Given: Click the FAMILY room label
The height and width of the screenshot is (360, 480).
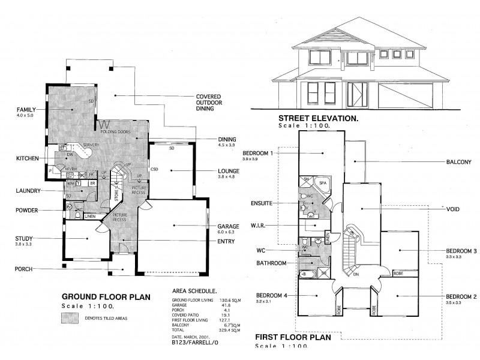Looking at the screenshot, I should tap(27, 110).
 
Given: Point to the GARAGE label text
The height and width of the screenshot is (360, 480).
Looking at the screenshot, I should tap(228, 227).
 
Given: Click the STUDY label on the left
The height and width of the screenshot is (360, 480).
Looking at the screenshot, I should tap(24, 239).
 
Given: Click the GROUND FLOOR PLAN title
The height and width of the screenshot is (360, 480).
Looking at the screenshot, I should tap(100, 297).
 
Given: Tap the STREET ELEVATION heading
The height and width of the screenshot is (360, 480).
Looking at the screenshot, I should tap(318, 119).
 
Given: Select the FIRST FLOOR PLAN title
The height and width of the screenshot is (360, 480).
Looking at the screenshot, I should tap(293, 337).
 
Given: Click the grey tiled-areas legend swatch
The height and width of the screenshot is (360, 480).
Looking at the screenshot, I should tap(70, 319).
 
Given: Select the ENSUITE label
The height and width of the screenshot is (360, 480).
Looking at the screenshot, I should tap(262, 203).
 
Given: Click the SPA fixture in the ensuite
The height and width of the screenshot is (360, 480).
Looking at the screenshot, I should tap(322, 182).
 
